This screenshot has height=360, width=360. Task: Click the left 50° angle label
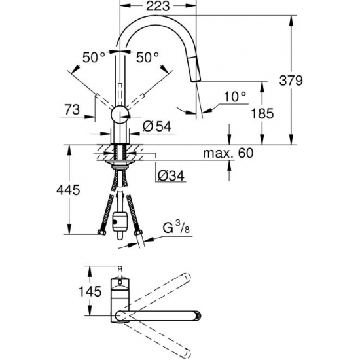click(94, 58)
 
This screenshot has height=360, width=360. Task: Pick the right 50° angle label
click(148, 58)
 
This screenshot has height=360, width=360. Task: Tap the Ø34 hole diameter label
click(170, 175)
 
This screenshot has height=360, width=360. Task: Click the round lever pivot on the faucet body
click(120, 114)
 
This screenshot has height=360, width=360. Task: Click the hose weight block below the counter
click(120, 223)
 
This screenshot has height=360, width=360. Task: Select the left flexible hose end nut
click(103, 231)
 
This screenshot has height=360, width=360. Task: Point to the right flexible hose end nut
click(138, 231)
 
